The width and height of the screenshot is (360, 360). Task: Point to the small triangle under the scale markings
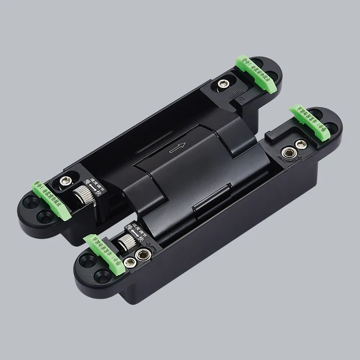pyautogui.click(x=241, y=98)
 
